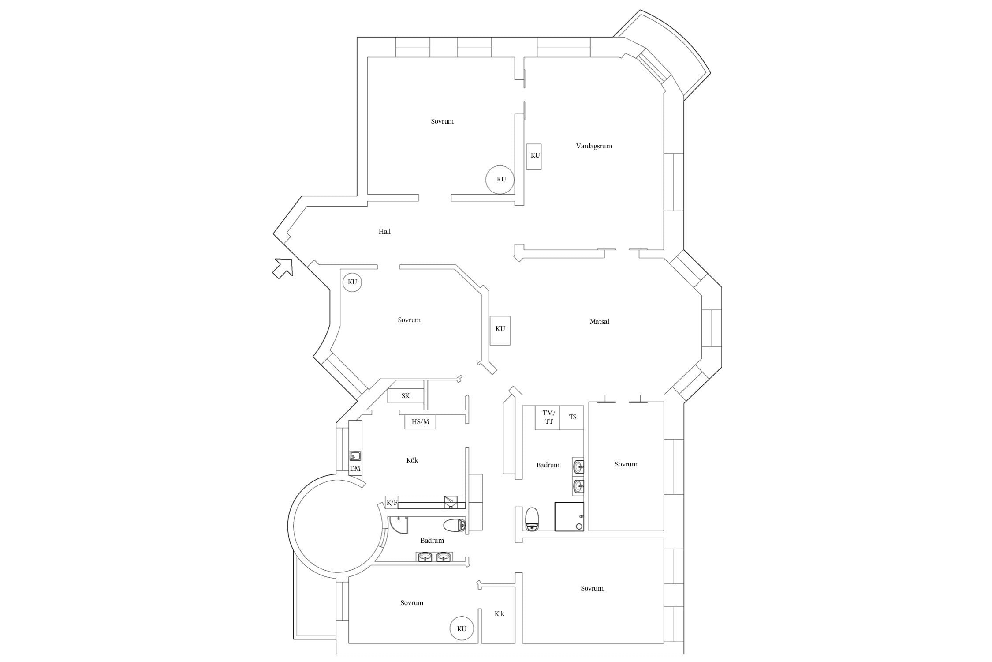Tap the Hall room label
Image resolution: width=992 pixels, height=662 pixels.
pos(384,231)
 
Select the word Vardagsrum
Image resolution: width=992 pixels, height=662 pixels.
pos(594,146)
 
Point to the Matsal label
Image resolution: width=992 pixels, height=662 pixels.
pos(599,322)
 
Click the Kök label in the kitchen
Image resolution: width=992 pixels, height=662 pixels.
pos(412,460)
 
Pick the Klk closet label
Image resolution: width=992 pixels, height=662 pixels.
pos(500,613)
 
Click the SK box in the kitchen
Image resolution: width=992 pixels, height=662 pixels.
pos(406,395)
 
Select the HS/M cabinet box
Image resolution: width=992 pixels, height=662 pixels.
pos(420,422)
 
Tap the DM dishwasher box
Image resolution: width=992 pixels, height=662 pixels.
pos(355,469)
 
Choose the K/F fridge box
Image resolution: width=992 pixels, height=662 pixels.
pos(392,502)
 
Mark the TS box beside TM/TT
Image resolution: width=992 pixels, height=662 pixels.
pos(572,418)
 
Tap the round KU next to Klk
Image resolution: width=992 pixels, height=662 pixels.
pos(462,628)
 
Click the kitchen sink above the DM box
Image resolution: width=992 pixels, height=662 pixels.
pos(355,456)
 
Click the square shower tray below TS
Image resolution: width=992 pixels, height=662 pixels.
pos(569,516)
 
